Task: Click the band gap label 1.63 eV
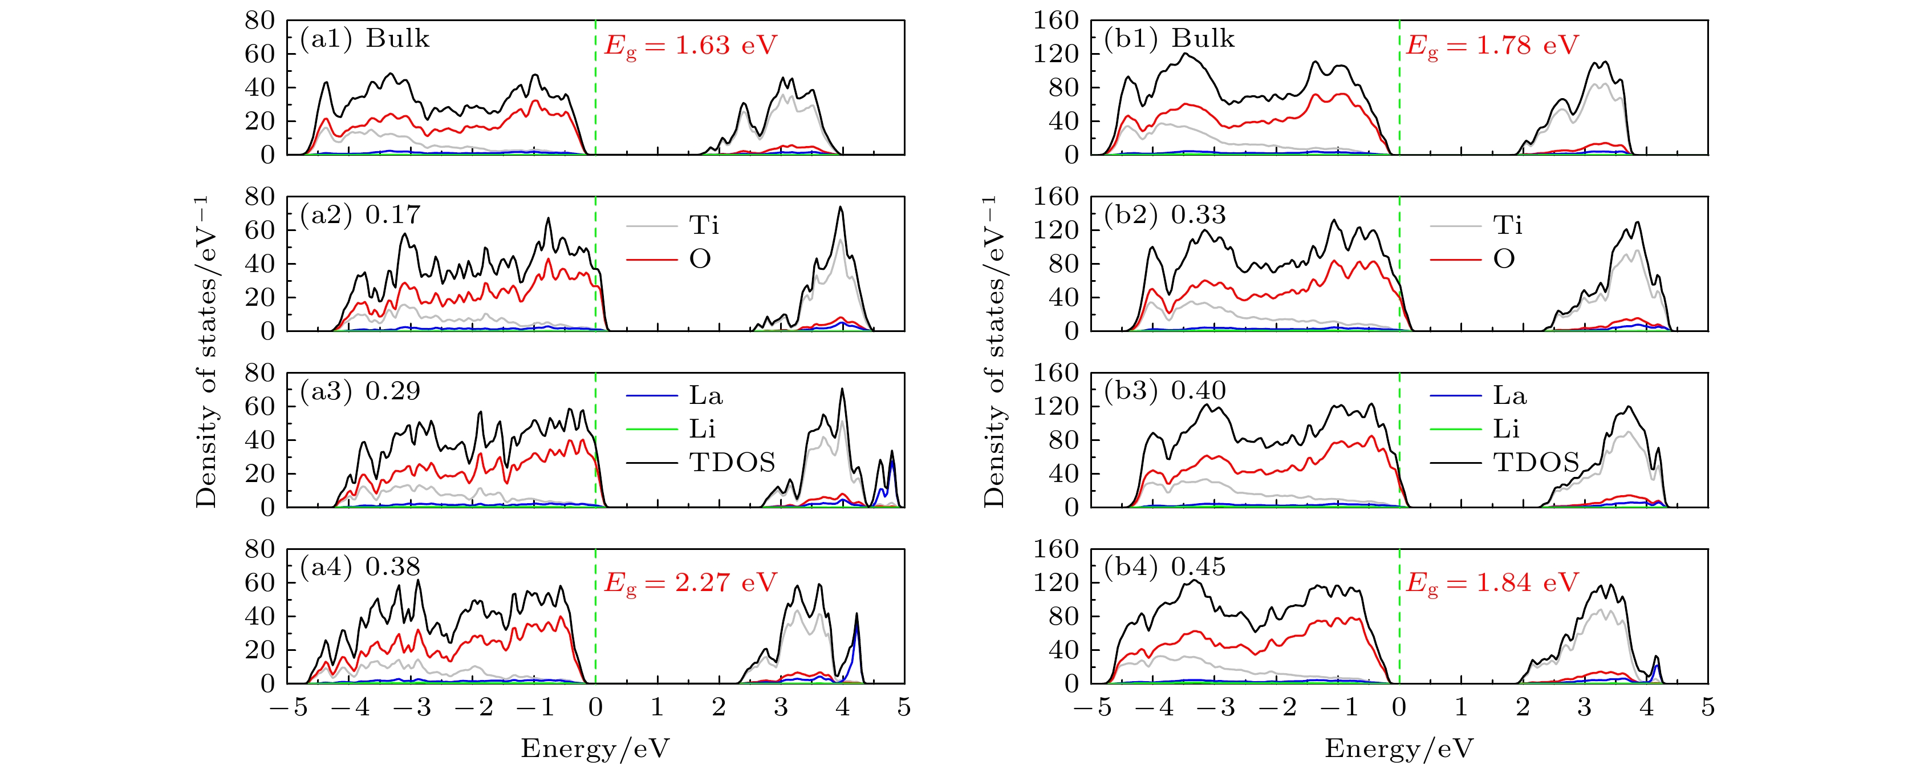[691, 46]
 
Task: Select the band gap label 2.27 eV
[691, 583]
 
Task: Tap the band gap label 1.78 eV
[1492, 46]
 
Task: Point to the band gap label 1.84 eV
[1492, 583]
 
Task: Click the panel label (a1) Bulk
[364, 39]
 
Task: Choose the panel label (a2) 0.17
[361, 215]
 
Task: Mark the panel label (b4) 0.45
[1165, 566]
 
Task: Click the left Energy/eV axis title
[595, 748]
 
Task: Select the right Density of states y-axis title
[994, 352]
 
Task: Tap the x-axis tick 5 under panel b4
[1707, 707]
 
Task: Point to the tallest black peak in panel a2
[840, 208]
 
